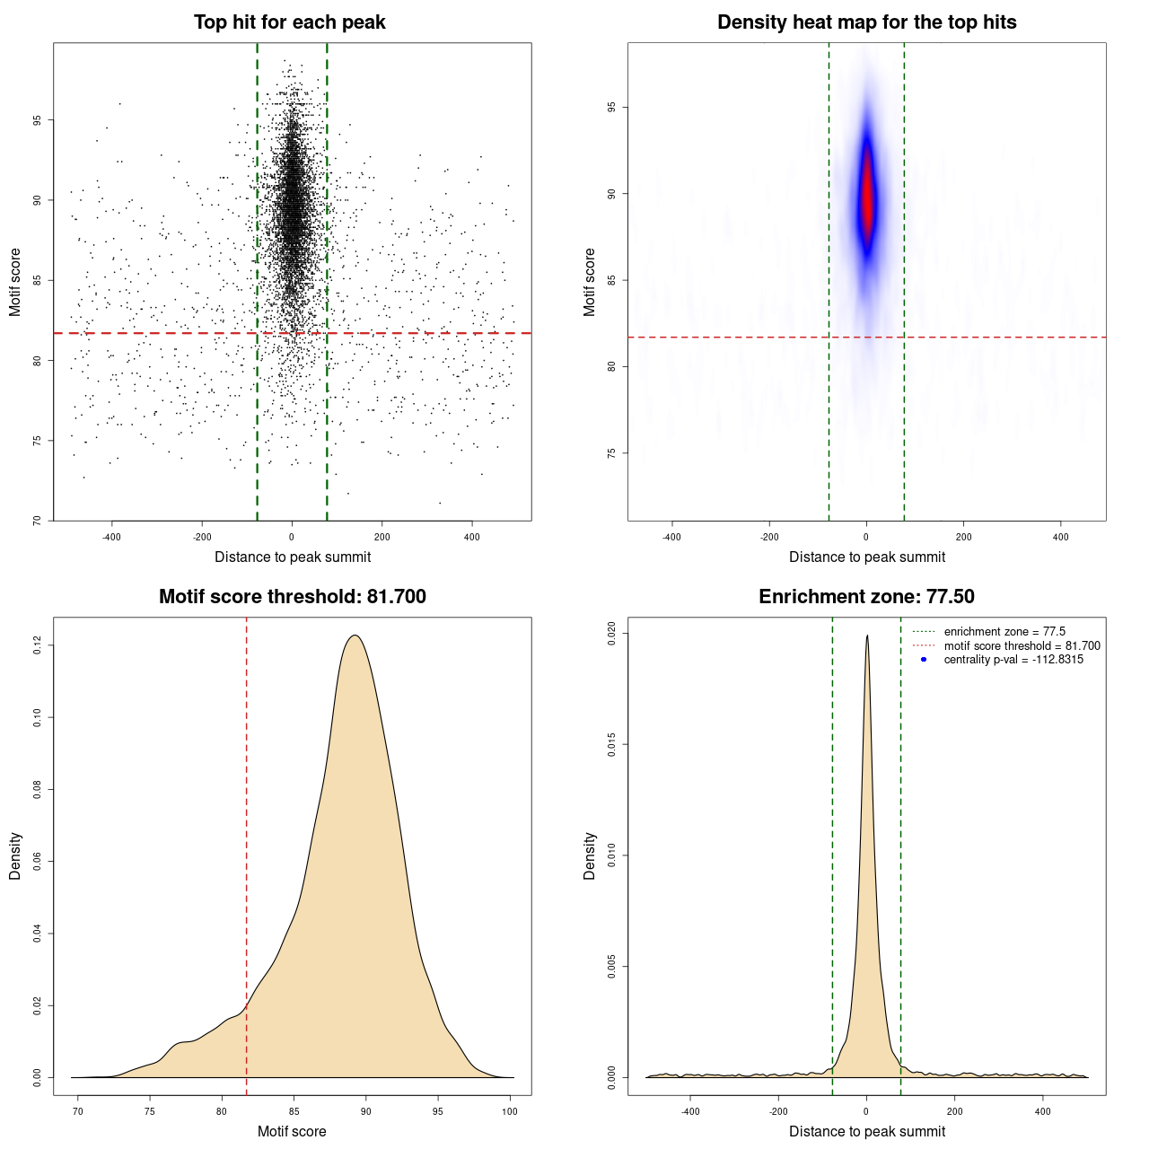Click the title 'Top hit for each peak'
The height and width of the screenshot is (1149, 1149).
tap(289, 22)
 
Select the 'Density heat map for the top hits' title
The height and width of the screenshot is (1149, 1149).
tap(866, 22)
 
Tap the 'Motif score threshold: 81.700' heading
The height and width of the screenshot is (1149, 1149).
tap(292, 597)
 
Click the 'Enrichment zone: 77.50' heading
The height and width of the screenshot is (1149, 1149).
tap(866, 597)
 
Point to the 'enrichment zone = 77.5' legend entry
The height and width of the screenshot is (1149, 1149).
tap(1004, 632)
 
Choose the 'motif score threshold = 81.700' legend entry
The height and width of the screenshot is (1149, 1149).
tap(1022, 645)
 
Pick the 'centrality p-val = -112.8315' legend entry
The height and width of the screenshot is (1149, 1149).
tap(1013, 660)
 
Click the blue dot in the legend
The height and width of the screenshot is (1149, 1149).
tap(924, 660)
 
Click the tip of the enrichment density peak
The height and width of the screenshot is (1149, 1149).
tap(867, 636)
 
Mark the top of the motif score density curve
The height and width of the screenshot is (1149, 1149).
tap(355, 636)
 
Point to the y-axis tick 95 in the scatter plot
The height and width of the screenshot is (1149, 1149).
tap(37, 120)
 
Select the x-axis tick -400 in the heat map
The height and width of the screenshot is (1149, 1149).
tap(671, 537)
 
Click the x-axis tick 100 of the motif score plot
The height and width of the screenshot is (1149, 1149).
tap(510, 1111)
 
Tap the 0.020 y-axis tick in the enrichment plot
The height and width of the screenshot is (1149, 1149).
tap(611, 633)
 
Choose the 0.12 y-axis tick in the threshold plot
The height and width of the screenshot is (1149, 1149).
tap(37, 645)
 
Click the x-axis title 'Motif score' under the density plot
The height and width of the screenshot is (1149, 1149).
tap(292, 1131)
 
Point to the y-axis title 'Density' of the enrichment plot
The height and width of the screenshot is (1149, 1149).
tap(590, 855)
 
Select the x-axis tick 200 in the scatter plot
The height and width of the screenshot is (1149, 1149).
tap(382, 537)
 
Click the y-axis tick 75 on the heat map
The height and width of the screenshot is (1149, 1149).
tap(611, 452)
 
